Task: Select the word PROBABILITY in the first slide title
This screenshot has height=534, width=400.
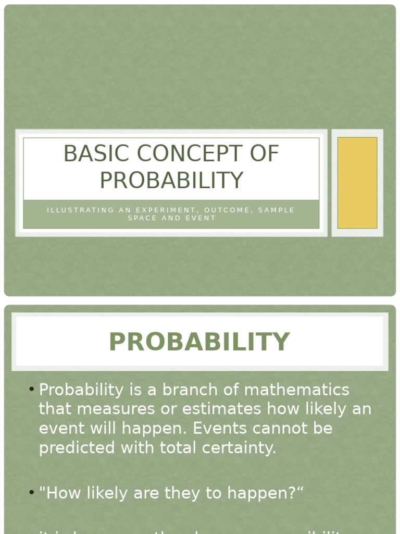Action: (171, 180)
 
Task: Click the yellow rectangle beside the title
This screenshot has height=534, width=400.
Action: (357, 183)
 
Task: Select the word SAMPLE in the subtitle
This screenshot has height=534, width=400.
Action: (277, 210)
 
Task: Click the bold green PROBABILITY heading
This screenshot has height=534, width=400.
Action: (199, 342)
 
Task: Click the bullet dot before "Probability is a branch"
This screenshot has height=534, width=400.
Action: (32, 389)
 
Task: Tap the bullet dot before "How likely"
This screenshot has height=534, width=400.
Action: (32, 492)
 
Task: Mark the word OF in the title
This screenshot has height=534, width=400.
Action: (264, 154)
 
